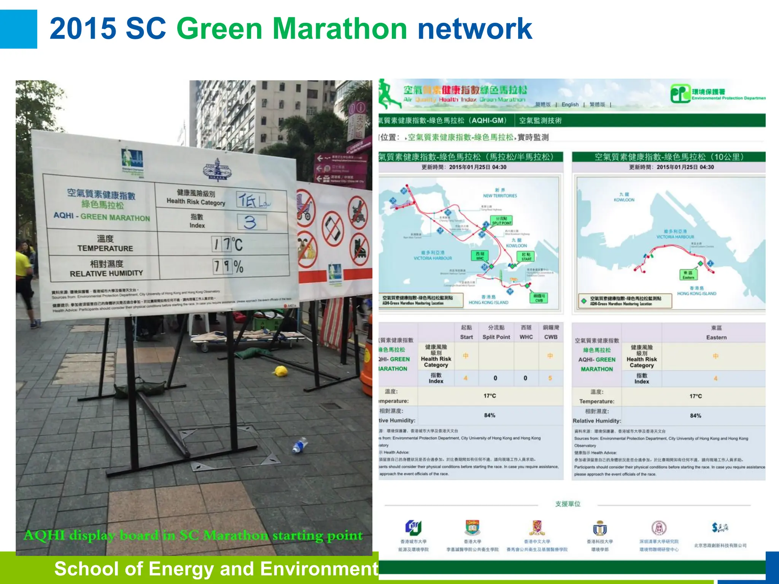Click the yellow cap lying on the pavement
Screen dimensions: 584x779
[281, 371]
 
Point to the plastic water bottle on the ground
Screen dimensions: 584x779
[300, 445]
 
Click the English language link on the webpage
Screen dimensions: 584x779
[570, 105]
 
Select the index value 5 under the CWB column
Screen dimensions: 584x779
[550, 378]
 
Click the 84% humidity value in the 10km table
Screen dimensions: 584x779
[695, 416]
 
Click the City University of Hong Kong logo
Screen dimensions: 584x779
[413, 527]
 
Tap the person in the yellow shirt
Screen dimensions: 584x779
[23, 262]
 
